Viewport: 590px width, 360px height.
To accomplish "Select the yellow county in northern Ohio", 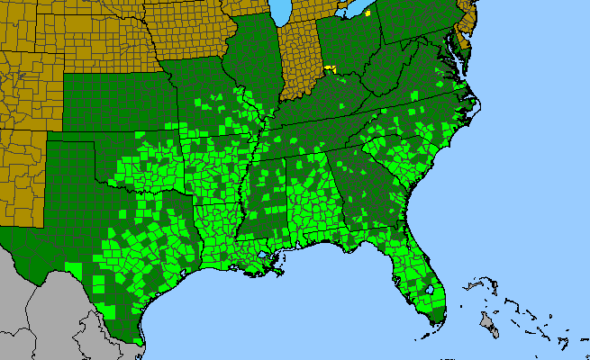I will [342, 15].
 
